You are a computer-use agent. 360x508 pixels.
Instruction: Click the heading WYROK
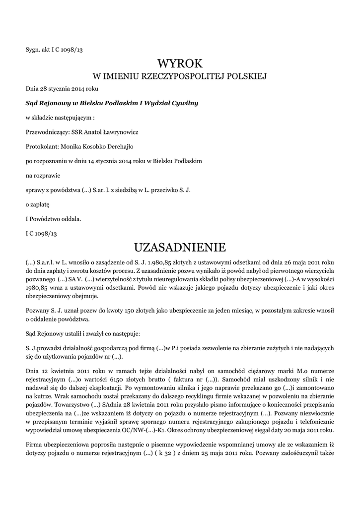180,63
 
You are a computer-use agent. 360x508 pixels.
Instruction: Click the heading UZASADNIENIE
180,247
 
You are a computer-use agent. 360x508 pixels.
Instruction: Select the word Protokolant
42,147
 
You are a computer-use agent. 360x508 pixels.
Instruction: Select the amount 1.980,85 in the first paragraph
153,262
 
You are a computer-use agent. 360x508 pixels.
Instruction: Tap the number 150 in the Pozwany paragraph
101,310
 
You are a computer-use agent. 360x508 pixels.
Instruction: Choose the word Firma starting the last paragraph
34,444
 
